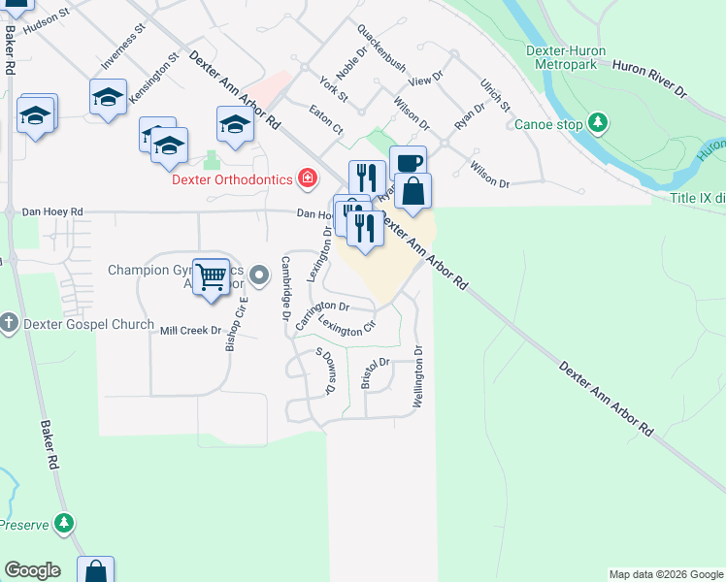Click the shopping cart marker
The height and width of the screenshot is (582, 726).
pos(211,276)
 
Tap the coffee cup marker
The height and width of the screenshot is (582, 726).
pos(408,163)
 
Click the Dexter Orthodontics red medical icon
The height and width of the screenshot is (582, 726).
pos(308,178)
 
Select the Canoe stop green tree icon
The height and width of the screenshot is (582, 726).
pos(600,122)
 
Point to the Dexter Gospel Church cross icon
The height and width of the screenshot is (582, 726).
pos(9,322)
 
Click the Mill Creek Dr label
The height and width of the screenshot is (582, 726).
pos(190,331)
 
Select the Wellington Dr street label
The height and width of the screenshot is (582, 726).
pos(419,377)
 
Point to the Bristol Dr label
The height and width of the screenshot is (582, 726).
pos(374,372)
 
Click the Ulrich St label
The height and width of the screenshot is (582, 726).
pos(494,93)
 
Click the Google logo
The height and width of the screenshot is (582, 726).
pos(32,570)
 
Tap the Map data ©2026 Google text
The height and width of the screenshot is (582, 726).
pos(665,574)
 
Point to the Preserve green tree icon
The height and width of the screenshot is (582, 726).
pos(64,524)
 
